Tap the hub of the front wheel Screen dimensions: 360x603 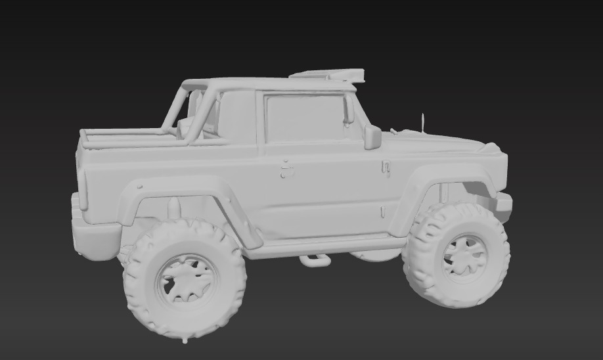click(x=465, y=256)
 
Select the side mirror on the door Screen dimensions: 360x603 click(x=372, y=137)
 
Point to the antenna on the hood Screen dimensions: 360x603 click(x=423, y=122)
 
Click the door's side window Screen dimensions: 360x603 click(x=305, y=118)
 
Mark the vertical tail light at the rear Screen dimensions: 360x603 click(x=83, y=191)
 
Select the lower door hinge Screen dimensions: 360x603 click(x=383, y=211)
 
